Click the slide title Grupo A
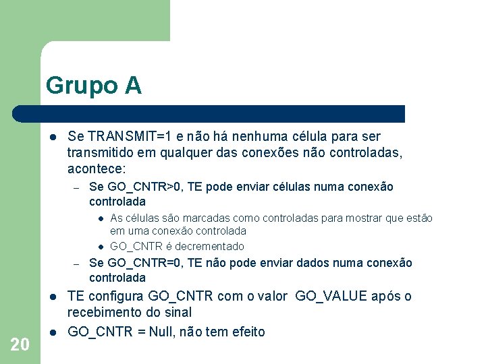(94, 86)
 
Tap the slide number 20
(20, 344)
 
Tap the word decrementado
(211, 247)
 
